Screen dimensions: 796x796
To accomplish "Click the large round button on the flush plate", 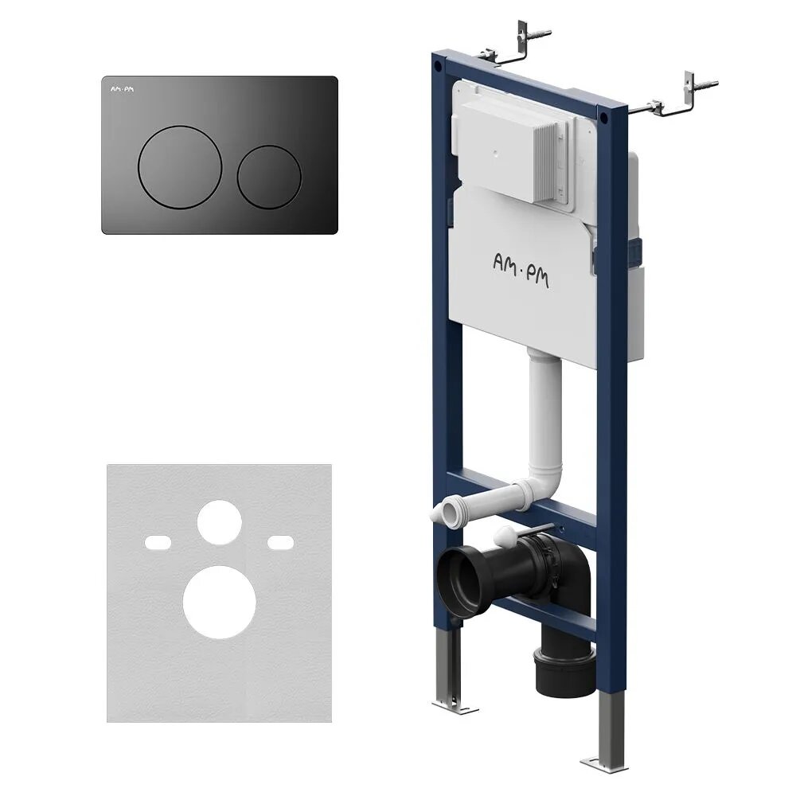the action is click(180, 167).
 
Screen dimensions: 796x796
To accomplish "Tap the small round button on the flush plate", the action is click(269, 177).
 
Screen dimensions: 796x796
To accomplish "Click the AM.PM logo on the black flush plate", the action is click(123, 89).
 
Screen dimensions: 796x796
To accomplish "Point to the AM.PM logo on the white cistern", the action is click(521, 271).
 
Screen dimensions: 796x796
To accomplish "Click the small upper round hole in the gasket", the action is click(220, 522).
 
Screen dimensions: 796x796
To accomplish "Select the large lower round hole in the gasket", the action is click(220, 602).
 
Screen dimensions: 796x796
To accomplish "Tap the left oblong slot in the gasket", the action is click(158, 542).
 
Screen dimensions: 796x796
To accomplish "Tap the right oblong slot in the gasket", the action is click(281, 542).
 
